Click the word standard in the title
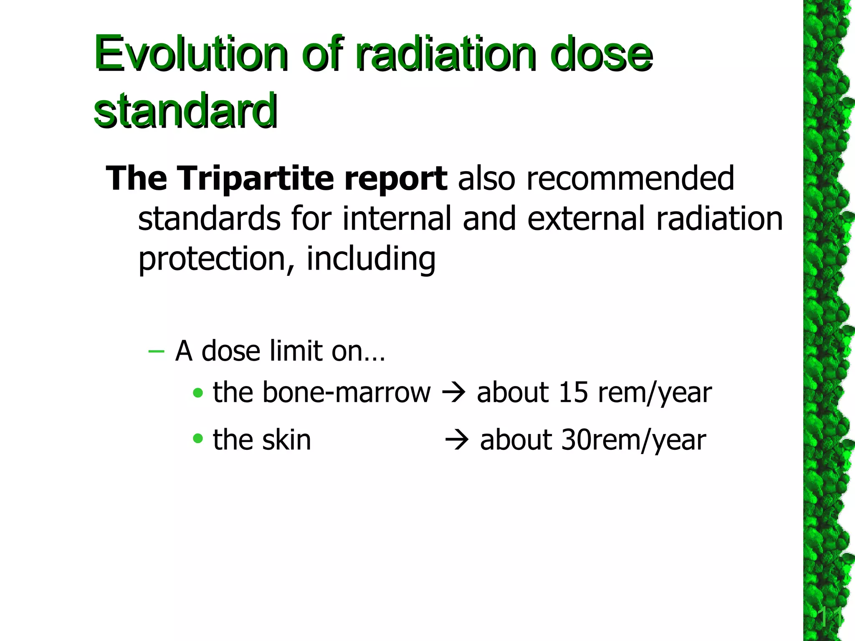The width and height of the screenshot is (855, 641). pyautogui.click(x=185, y=111)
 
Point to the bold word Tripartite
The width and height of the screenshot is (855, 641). pyautogui.click(x=256, y=179)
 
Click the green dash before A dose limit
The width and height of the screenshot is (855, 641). pyautogui.click(x=156, y=351)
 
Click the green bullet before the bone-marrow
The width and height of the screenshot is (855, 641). pyautogui.click(x=198, y=393)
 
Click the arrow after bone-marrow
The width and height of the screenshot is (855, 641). pyautogui.click(x=453, y=393)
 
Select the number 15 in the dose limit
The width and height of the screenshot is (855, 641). pyautogui.click(x=573, y=393)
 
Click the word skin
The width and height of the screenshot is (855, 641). pyautogui.click(x=287, y=440)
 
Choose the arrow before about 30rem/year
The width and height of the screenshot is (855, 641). pyautogui.click(x=457, y=440)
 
